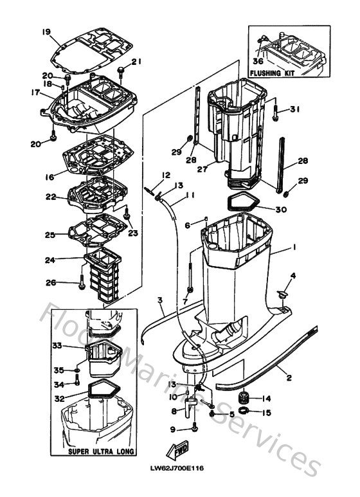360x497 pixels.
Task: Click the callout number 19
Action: [x=46, y=32]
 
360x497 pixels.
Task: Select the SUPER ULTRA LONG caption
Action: [x=101, y=452]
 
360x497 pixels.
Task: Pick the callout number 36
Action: [x=258, y=62]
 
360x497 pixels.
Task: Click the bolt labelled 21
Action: [x=120, y=68]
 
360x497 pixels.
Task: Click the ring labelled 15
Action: [x=244, y=411]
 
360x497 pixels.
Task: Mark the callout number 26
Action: [x=51, y=282]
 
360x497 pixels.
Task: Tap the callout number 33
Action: [x=57, y=346]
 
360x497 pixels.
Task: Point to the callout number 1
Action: [x=293, y=247]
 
